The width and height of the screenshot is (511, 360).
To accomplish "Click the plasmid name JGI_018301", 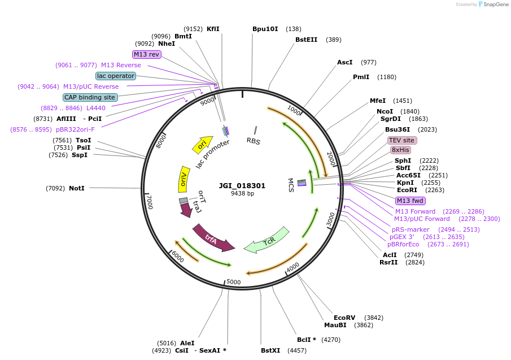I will coord(242,185).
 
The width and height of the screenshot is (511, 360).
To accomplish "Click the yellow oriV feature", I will coord(184,179).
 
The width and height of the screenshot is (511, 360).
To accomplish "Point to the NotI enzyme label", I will coord(76,188).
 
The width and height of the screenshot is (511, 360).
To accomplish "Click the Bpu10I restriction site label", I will coord(265,29).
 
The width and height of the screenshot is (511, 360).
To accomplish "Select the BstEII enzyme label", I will coord(307,40).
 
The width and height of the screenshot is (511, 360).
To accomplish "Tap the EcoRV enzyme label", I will coord(344,318).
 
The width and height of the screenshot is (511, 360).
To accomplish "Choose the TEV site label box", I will coord(401,140).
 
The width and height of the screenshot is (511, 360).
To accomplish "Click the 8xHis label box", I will coord(400,150).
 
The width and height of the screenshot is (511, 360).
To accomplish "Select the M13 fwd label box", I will coord(410,201).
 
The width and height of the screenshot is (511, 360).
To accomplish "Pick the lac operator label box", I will coord(116,76).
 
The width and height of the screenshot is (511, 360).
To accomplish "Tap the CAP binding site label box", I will coord(90,97).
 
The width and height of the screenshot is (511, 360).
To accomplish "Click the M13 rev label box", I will coord(147,54).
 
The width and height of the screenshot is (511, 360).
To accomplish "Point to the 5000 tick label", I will coord(233,282).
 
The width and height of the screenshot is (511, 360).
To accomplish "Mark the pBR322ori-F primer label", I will coord(75,129).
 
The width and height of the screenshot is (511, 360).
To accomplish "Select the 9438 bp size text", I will coord(242,194).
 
